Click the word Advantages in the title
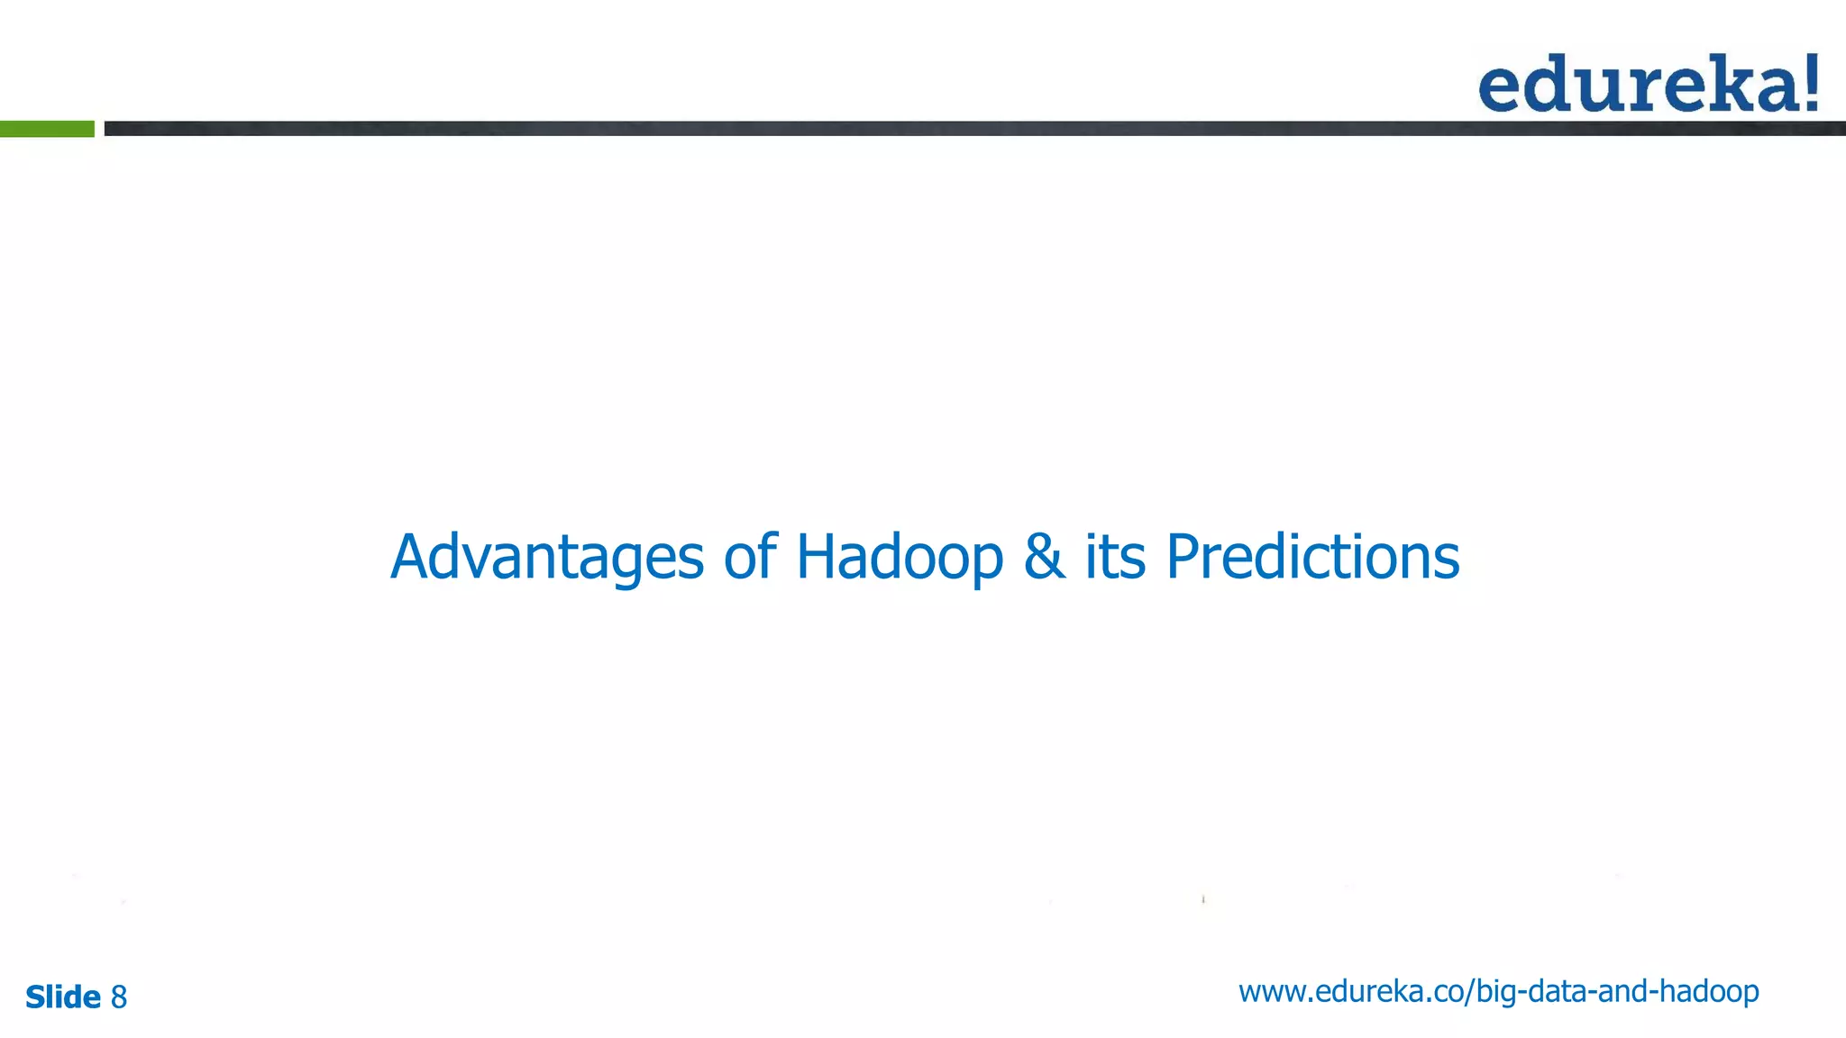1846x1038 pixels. click(546, 558)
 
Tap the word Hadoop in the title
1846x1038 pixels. click(899, 558)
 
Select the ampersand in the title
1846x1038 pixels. click(1044, 558)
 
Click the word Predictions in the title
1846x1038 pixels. click(1312, 558)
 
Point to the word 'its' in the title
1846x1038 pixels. click(1115, 558)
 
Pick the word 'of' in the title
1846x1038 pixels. click(749, 558)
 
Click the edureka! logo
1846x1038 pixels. click(1648, 84)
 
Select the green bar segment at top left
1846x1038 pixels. click(47, 129)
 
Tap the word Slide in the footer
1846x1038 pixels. click(62, 997)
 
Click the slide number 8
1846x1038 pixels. click(119, 997)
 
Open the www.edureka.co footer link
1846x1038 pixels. click(1498, 992)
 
